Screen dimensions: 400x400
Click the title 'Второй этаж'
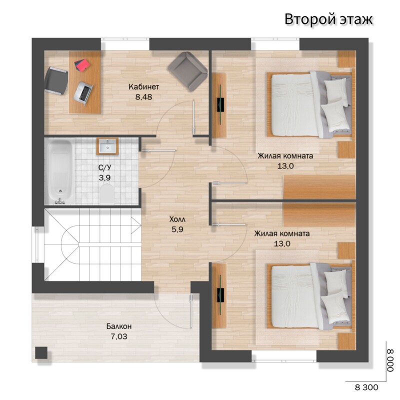(328, 19)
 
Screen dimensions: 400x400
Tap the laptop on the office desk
(83, 92)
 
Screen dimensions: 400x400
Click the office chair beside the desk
(56, 80)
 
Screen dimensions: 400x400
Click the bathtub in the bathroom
(59, 171)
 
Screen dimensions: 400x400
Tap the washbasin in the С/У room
(107, 146)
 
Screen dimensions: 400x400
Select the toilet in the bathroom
(106, 194)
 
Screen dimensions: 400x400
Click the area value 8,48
(143, 97)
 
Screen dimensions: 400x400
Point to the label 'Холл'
(177, 219)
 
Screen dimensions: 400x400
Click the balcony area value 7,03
(119, 336)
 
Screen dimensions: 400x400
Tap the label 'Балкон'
(119, 326)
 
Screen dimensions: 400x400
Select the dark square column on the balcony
(41, 352)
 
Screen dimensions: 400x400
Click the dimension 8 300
(366, 387)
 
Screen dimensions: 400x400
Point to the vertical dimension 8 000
(390, 360)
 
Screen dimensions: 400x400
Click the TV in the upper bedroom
(220, 104)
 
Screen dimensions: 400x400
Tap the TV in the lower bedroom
(220, 295)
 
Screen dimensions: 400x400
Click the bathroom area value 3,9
(104, 178)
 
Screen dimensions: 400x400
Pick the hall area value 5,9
(177, 229)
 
